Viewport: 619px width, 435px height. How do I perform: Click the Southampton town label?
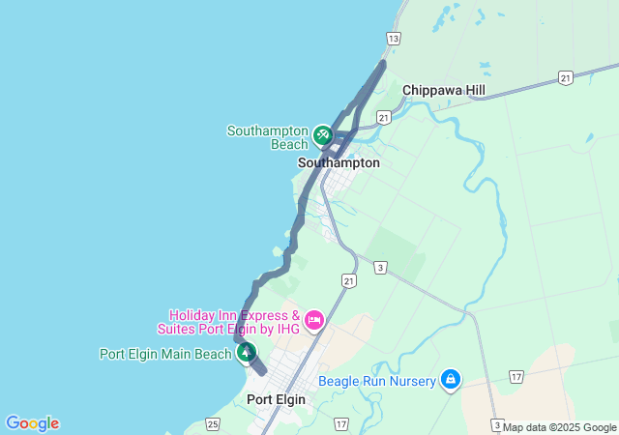coord(339,163)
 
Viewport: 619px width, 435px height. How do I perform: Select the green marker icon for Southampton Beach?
coord(323,135)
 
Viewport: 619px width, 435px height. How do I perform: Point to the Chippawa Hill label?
coord(444,90)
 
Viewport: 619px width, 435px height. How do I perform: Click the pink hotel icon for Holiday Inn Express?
coord(313,320)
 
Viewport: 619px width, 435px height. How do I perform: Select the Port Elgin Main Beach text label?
coord(165,354)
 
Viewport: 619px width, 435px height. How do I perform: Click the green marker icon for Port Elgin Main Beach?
coord(247,353)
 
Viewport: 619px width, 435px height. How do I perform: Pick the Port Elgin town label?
coord(276,399)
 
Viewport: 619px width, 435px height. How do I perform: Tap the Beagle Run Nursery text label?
coord(378,381)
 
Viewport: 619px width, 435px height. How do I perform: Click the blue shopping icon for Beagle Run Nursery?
coord(450,379)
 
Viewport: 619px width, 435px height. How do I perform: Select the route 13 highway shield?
coord(393,38)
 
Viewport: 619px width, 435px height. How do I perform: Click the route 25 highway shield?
coord(213,423)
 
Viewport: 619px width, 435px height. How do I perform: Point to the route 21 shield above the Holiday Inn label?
coord(348,280)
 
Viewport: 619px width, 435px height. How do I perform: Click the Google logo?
coord(32,423)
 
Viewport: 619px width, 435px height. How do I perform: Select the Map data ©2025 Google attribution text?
coord(560,427)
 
